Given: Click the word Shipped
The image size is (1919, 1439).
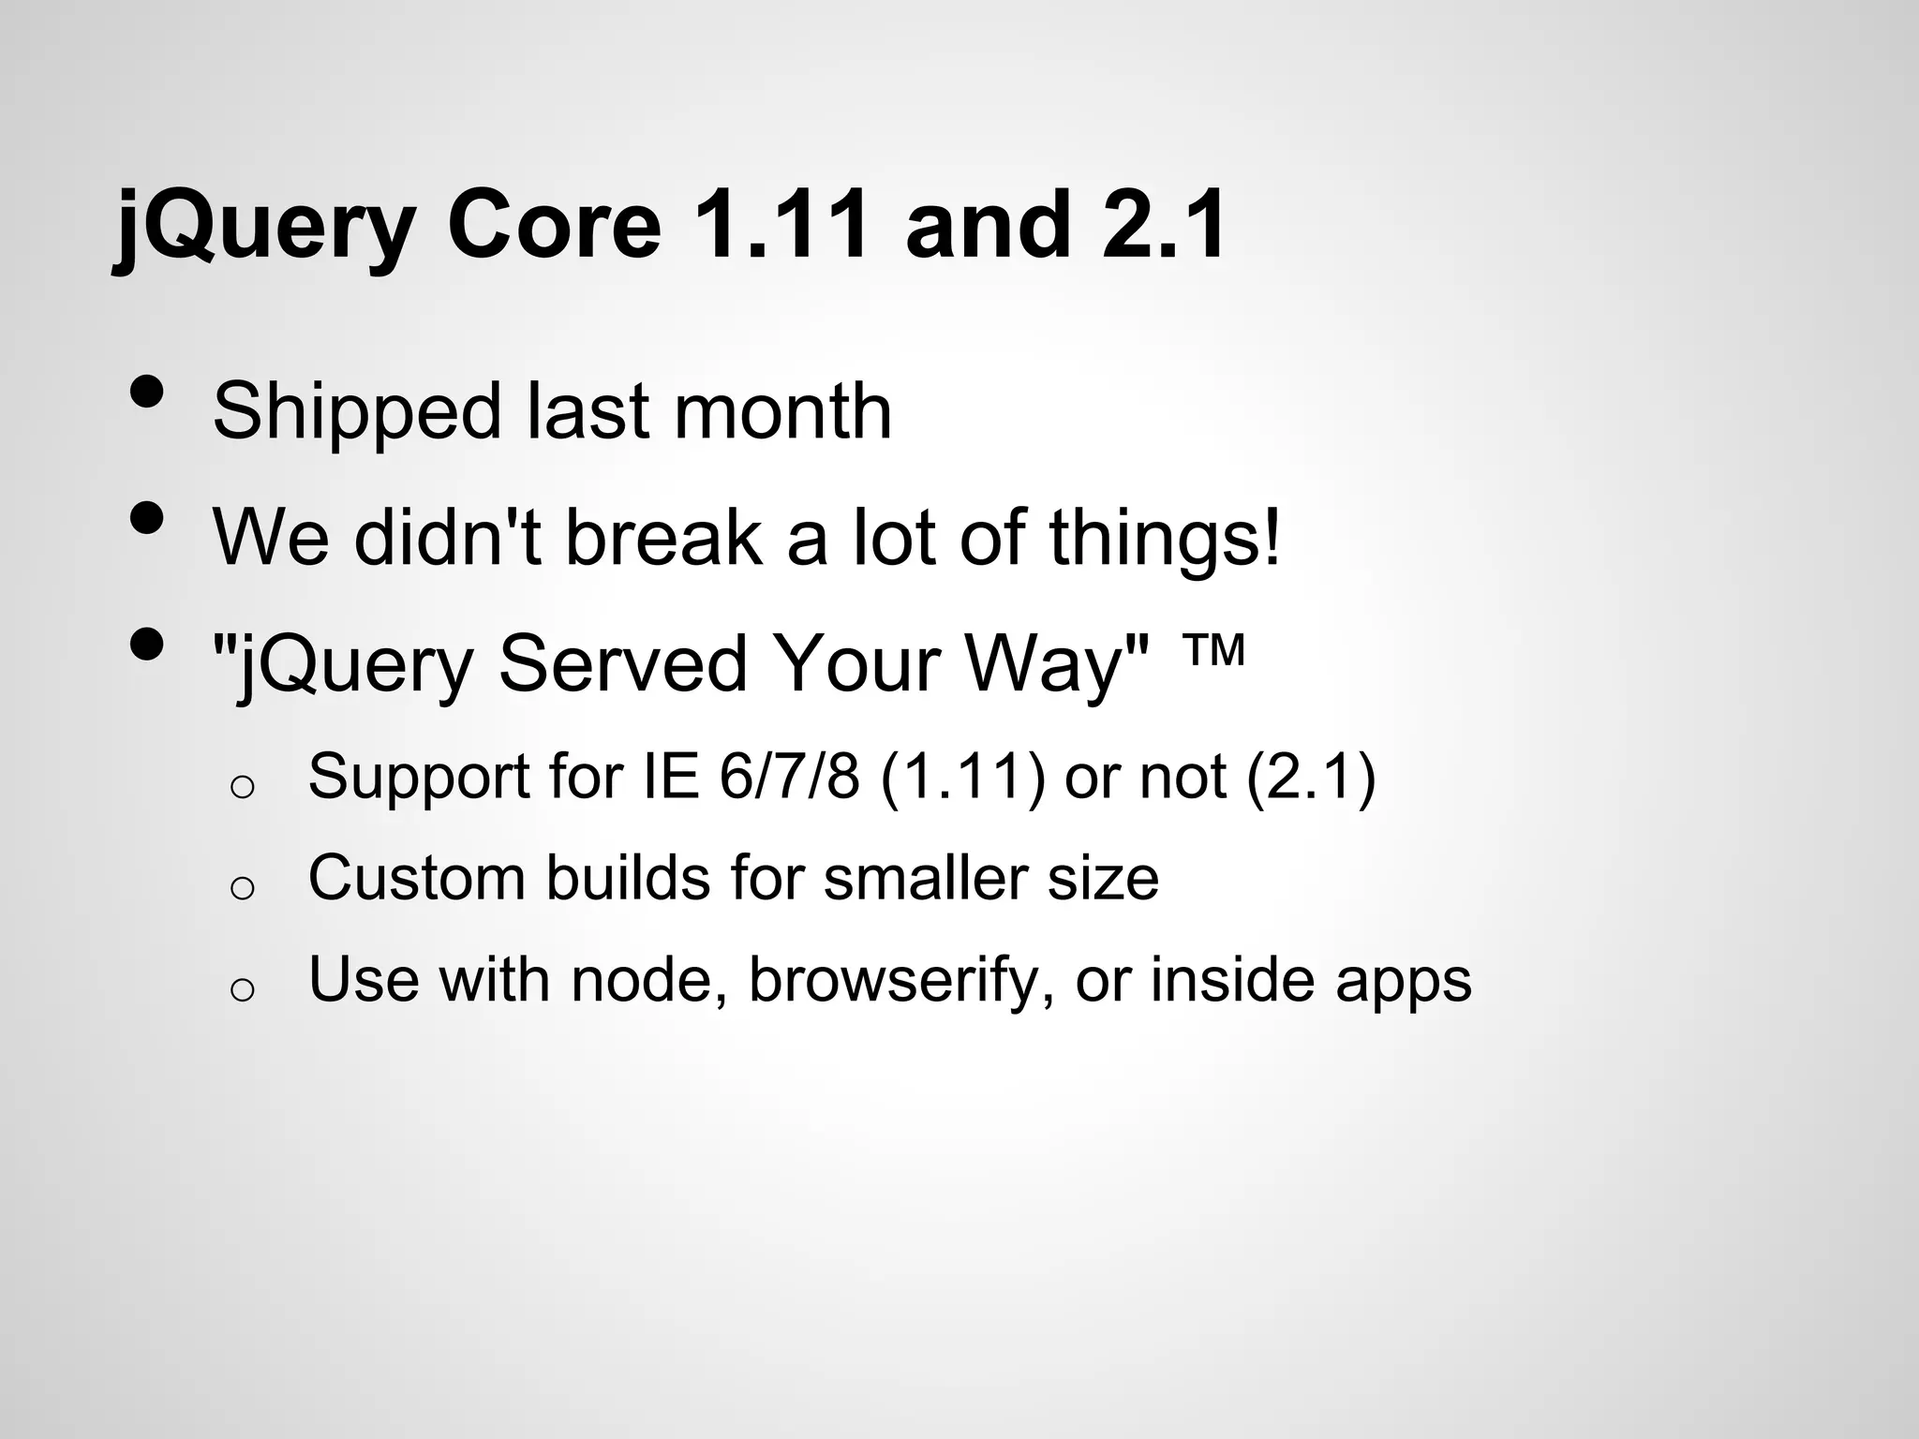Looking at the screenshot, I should [x=357, y=412].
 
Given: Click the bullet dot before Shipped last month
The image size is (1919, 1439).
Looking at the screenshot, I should [x=147, y=392].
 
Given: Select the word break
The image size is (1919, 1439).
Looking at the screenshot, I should [x=663, y=538].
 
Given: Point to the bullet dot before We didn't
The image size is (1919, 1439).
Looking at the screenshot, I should [x=147, y=518].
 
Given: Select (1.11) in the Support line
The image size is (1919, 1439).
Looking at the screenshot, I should [x=961, y=777].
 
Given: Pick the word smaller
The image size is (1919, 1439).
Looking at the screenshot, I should [x=929, y=878].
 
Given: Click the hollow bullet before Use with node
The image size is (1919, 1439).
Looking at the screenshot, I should [x=242, y=989].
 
